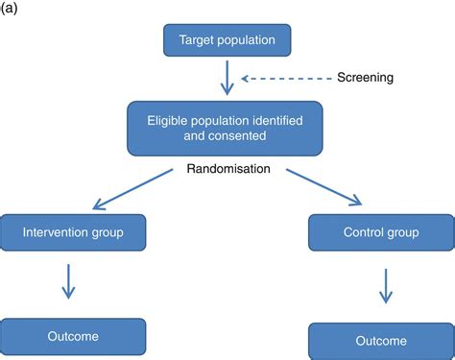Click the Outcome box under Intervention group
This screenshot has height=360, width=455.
click(74, 336)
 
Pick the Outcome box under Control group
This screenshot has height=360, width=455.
click(380, 341)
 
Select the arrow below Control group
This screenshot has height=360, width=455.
click(384, 285)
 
